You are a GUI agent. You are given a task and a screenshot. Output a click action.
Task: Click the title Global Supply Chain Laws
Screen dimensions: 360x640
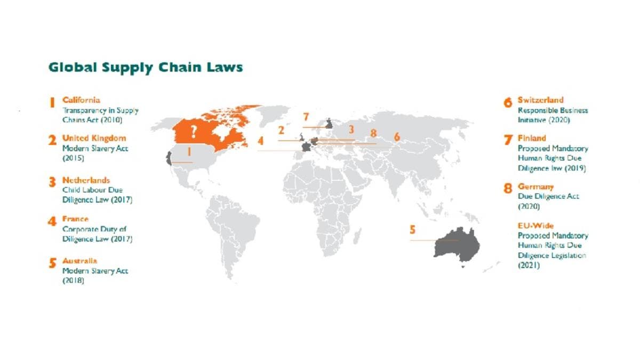[146, 68]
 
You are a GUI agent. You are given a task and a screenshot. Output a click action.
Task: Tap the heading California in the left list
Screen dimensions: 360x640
[81, 100]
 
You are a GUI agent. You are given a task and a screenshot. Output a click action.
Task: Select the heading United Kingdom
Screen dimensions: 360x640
[94, 138]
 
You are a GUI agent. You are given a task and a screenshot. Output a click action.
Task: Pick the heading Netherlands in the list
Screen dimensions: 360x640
[86, 180]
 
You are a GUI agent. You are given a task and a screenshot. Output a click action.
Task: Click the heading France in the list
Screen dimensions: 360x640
[75, 219]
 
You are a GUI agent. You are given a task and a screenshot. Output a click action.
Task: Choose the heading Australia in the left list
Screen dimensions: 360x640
[80, 261]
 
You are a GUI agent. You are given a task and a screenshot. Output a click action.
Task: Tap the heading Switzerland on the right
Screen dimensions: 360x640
[540, 100]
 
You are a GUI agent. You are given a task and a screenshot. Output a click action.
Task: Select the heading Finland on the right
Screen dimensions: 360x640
[532, 138]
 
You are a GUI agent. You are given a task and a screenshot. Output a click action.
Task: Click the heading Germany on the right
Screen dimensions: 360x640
[535, 187]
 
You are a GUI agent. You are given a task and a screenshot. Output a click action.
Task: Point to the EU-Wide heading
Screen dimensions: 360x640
[535, 226]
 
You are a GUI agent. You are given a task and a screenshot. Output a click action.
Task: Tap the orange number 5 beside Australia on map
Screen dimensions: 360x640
[412, 230]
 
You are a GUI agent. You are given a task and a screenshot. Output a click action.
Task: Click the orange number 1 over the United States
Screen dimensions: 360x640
[188, 151]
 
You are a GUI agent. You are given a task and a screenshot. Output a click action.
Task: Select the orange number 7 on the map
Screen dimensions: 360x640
[306, 117]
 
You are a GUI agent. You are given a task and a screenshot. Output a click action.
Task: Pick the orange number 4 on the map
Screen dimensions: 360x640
[260, 141]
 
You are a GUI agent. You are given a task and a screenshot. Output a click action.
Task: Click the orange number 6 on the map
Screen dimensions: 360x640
[397, 137]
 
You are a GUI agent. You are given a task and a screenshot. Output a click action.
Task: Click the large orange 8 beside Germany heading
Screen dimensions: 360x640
[507, 189]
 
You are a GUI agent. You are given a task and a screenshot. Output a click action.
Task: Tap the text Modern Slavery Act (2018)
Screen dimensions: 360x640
[95, 276]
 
